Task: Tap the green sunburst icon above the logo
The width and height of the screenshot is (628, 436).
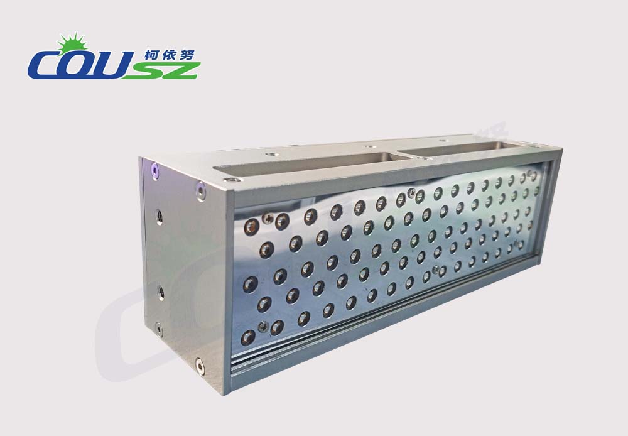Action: click(72, 42)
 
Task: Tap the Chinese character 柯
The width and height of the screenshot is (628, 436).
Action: click(153, 55)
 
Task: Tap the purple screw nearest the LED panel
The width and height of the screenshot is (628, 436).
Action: click(201, 191)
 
